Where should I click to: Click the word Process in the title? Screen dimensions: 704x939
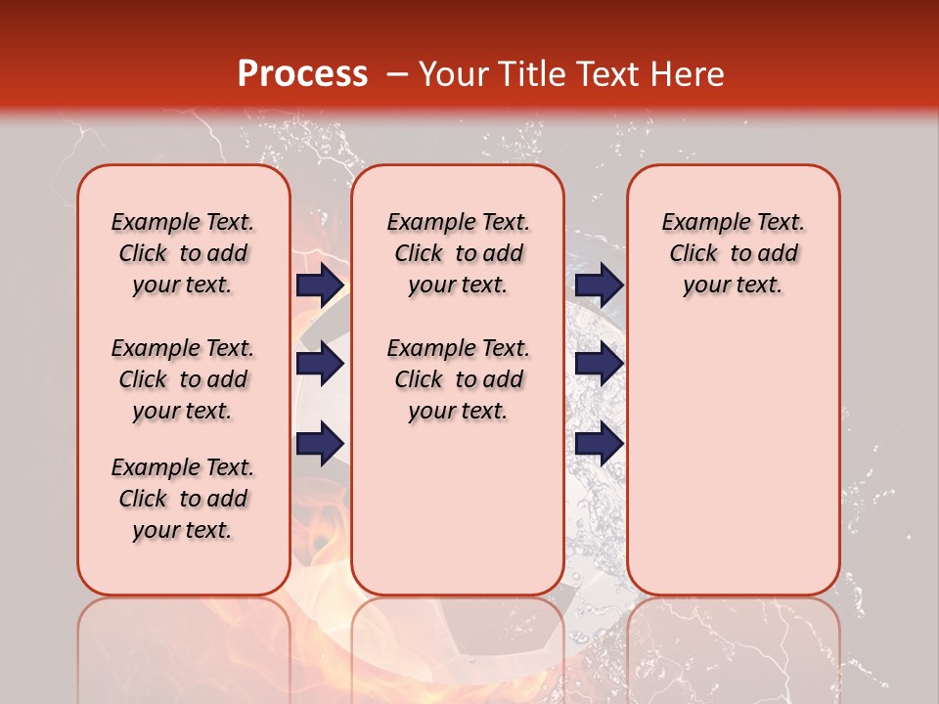click(x=302, y=74)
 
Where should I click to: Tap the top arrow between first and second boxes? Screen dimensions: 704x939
click(x=320, y=285)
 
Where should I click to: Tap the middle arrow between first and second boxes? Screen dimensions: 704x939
click(x=320, y=364)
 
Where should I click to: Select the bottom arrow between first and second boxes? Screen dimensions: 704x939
click(x=320, y=443)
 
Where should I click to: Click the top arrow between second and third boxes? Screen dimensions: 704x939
click(x=599, y=285)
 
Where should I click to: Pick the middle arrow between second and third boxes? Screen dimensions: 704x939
click(x=599, y=364)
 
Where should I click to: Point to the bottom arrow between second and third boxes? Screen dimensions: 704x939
click(x=599, y=443)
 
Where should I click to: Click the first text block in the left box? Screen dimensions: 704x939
click(x=183, y=253)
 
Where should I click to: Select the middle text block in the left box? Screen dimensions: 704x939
click(x=183, y=379)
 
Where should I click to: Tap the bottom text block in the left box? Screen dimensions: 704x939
click(x=183, y=499)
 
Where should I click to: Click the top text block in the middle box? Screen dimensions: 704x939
click(x=458, y=253)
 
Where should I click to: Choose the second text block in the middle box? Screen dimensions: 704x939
click(x=458, y=379)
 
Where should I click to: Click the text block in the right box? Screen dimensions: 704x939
click(x=733, y=253)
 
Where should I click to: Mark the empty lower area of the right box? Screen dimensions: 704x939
click(x=733, y=450)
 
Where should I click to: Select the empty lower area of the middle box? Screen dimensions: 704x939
click(x=458, y=508)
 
